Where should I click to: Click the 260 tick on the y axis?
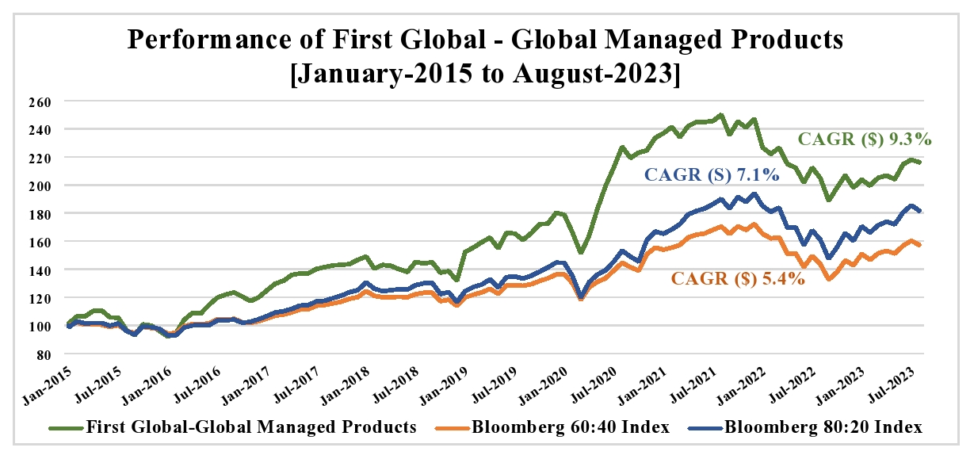49,101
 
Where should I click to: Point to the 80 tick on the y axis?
52,354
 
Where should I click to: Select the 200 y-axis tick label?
49,186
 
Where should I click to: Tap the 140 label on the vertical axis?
49,270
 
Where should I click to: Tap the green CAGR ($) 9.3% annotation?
864,140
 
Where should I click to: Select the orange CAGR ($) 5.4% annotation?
738,279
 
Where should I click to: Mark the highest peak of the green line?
720,115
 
